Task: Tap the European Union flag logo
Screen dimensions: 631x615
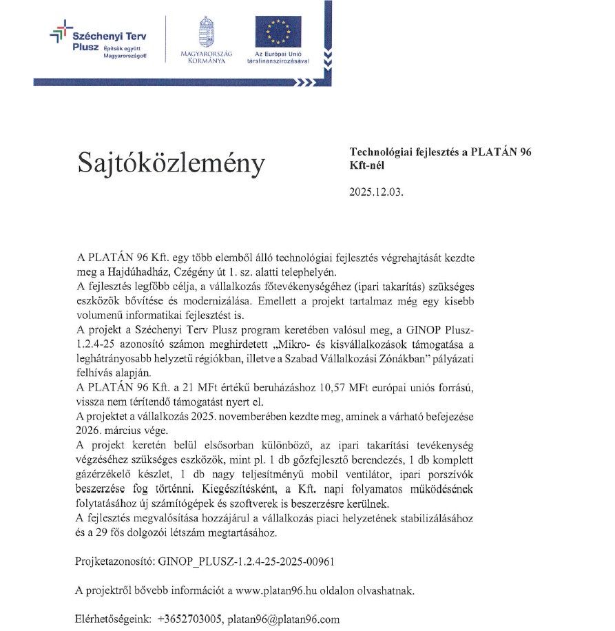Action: click(278, 31)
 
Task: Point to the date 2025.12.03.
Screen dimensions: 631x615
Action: click(377, 193)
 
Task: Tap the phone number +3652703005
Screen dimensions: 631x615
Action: click(189, 619)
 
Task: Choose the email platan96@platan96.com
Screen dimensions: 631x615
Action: click(284, 619)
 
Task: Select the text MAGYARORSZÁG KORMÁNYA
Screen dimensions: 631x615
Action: click(207, 57)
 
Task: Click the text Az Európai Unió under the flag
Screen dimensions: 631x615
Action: click(278, 53)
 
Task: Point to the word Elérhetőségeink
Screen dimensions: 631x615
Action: click(112, 619)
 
